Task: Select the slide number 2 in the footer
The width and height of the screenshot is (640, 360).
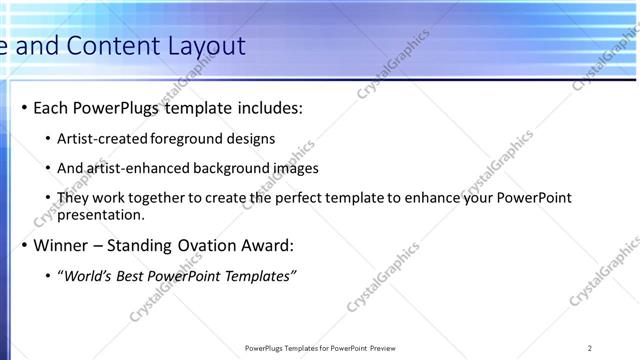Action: coord(589,348)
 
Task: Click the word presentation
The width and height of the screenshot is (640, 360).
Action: coord(101,214)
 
